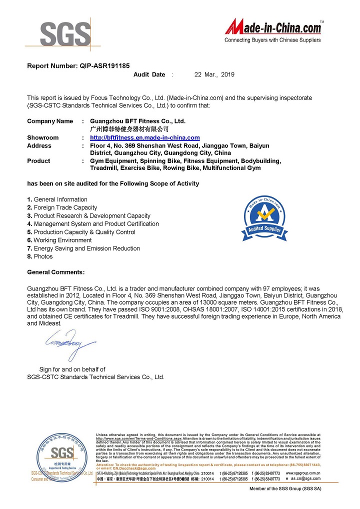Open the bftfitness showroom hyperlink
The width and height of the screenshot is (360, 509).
click(144, 137)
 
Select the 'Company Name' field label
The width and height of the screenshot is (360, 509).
click(50, 121)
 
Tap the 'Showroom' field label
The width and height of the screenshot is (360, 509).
click(42, 137)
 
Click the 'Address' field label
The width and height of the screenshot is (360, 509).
click(39, 145)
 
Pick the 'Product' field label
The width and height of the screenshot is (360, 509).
click(38, 161)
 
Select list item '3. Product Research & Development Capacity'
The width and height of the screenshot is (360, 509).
click(88, 215)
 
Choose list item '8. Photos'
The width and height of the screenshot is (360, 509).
click(39, 256)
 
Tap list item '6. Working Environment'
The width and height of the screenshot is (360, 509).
click(59, 240)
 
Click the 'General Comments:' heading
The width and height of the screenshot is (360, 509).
click(55, 272)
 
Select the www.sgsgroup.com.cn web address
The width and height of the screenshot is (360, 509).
click(303, 472)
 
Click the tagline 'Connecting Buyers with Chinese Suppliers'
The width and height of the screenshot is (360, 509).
click(272, 40)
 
